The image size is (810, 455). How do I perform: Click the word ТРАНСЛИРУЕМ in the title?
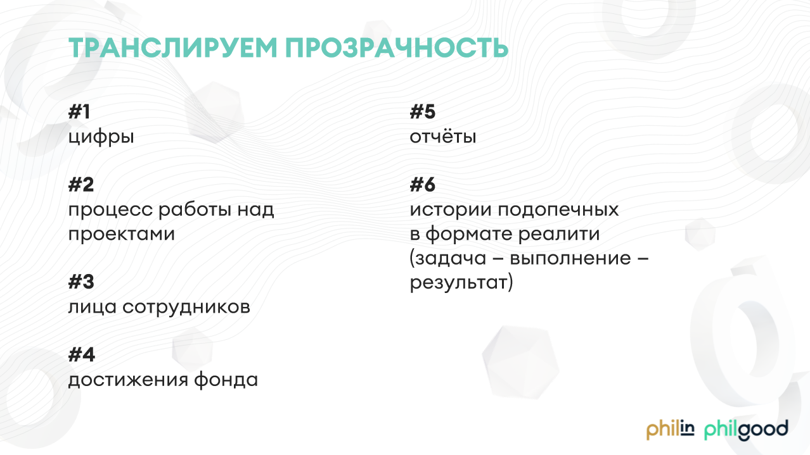pos(173,47)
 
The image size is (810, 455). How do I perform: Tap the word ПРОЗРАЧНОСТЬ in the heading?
pos(397,47)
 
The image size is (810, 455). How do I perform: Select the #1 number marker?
pos(79,111)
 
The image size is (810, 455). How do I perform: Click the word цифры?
pos(101,137)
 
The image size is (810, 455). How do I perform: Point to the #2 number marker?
pos(81,185)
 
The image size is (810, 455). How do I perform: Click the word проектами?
pos(122,234)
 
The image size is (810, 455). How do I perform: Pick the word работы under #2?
pos(195,209)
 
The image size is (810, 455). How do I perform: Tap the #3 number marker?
pos(81,282)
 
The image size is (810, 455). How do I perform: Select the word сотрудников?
pos(186,308)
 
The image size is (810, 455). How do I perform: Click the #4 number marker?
pos(81,354)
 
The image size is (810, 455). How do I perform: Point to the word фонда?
pos(226,380)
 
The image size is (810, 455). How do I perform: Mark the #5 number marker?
pos(423,111)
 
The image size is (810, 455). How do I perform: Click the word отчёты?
pos(443,137)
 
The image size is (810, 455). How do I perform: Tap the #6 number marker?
pos(423,185)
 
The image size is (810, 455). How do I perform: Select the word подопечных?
pos(558,210)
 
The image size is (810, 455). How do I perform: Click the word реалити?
pos(559,234)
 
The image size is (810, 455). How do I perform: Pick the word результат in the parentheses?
pos(459,283)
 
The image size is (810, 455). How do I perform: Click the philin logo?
pos(670,430)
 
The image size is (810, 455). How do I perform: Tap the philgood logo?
pos(746,430)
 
